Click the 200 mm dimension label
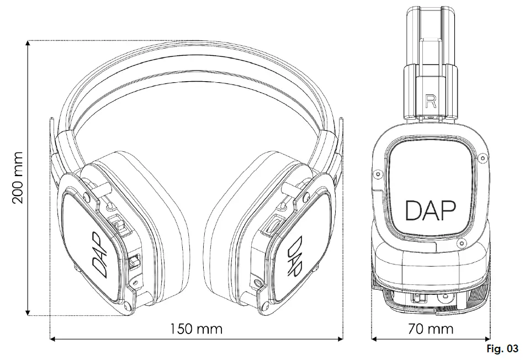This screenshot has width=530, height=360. tap(18, 177)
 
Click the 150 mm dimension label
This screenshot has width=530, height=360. tap(196, 329)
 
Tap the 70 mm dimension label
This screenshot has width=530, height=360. tap(430, 329)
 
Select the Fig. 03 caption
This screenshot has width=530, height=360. tap(502, 349)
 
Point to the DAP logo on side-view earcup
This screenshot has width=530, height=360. tap(431, 210)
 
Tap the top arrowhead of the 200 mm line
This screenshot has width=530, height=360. tap(27, 44)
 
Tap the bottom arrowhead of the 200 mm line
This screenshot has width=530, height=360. tap(27, 312)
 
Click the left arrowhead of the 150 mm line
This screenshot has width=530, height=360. tap(54, 338)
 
